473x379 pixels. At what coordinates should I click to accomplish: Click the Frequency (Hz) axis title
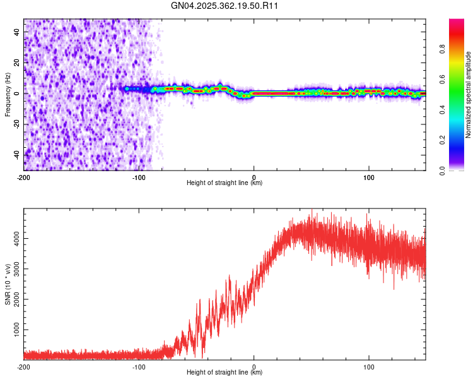coord(8,93)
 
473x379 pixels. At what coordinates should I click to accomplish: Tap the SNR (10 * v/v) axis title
coord(8,283)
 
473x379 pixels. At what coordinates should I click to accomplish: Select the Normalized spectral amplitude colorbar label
coord(468,95)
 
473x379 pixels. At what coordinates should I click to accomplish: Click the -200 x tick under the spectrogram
coord(23,177)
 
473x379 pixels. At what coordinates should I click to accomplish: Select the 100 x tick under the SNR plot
coord(369,367)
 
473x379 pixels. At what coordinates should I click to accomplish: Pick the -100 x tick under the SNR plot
coord(139,367)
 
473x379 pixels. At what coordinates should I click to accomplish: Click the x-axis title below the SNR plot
coord(225,373)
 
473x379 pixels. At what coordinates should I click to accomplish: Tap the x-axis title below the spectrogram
coord(225,183)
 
